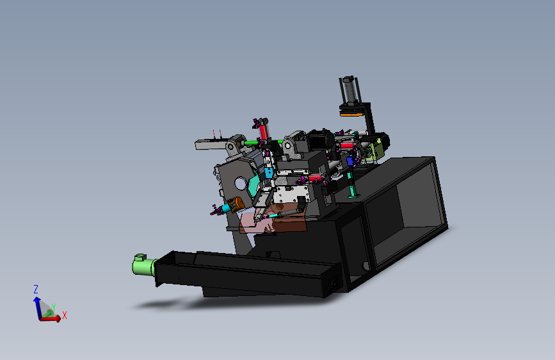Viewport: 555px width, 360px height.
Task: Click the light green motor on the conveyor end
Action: point(143,265)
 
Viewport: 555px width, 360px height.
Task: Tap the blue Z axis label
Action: point(36,290)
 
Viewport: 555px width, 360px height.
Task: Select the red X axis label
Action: point(65,315)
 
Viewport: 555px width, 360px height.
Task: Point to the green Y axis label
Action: point(53,307)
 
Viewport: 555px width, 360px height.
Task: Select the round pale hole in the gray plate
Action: point(240,184)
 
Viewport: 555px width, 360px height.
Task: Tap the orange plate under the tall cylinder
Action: point(351,114)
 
